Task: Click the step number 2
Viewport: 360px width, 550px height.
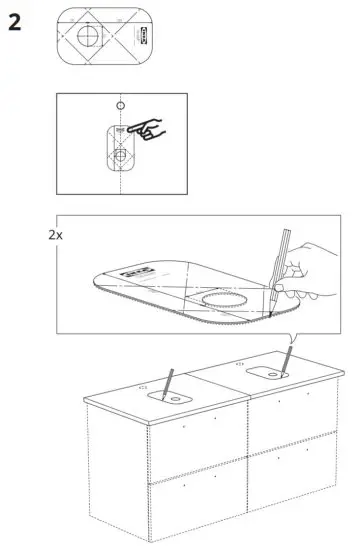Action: pyautogui.click(x=15, y=22)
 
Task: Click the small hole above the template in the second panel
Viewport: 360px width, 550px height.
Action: pyautogui.click(x=119, y=105)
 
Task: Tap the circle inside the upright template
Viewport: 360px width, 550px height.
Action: pyautogui.click(x=119, y=155)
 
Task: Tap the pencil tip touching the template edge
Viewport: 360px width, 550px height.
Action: pyautogui.click(x=270, y=317)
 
